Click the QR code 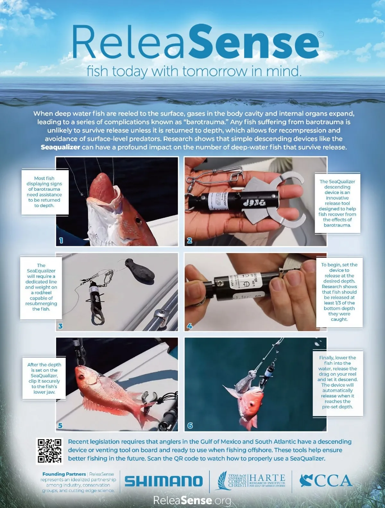click(x=49, y=451)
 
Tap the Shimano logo click(x=164, y=481)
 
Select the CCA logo click(x=326, y=480)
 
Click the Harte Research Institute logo click(x=251, y=480)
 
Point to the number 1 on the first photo click(x=61, y=241)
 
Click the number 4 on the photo click(x=190, y=326)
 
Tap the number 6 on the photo click(x=190, y=425)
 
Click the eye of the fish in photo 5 click(x=81, y=377)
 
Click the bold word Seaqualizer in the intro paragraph click(x=60, y=147)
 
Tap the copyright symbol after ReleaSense click(x=321, y=34)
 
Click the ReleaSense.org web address click(x=192, y=500)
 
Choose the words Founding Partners click(x=64, y=474)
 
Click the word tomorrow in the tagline click(x=215, y=71)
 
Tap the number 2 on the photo click(x=190, y=241)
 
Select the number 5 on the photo click(x=60, y=425)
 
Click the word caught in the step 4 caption click(x=339, y=320)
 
